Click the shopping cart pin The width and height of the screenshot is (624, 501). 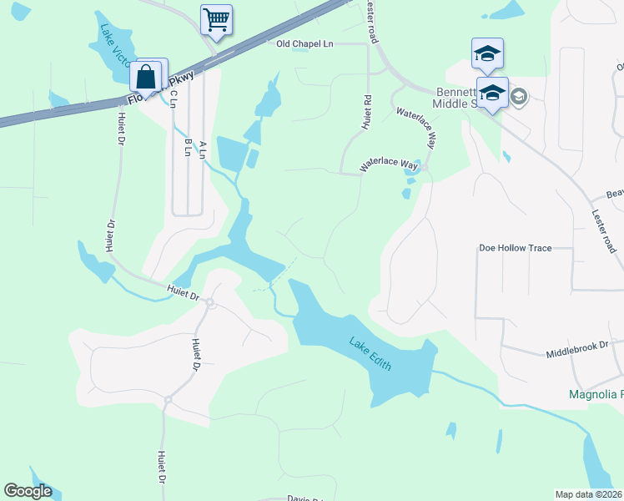point(216,19)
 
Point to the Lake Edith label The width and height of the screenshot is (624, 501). point(371,355)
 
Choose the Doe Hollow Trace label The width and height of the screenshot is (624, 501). point(515,248)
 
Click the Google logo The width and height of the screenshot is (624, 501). point(28,491)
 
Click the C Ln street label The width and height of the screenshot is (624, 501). point(174,99)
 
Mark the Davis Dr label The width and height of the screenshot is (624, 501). point(304,498)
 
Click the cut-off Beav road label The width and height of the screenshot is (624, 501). point(615,194)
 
